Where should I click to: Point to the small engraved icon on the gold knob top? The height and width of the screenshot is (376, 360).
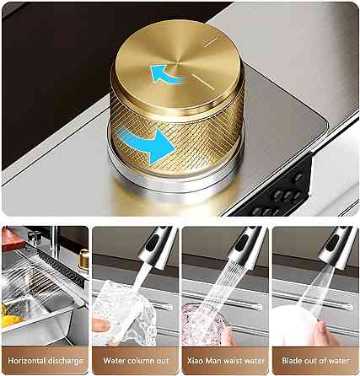pos(209,41)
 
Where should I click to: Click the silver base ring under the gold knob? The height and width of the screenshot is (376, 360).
pos(175,180)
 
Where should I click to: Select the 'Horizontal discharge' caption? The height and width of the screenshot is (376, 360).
pos(46,361)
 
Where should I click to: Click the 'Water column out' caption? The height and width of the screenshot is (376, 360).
pos(136,361)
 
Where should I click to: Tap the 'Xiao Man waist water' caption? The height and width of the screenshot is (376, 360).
pos(226,361)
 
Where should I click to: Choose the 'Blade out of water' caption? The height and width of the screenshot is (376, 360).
pos(316,361)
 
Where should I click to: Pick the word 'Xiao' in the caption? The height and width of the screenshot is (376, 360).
pos(196,361)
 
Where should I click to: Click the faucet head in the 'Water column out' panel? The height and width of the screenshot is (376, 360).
pos(158,246)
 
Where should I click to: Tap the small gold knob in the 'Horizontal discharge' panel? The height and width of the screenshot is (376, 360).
pos(83,259)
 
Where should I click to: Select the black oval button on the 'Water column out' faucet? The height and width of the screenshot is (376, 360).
pos(153,243)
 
